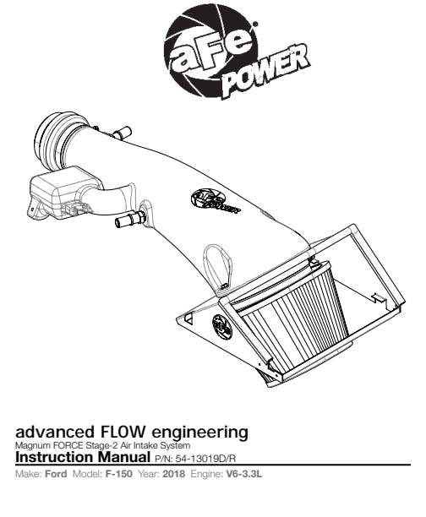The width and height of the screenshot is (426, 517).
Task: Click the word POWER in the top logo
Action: [266, 70]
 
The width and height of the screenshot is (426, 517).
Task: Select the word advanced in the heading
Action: [54, 432]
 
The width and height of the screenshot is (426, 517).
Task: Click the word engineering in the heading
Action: [199, 433]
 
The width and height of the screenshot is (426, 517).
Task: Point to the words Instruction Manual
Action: [83, 457]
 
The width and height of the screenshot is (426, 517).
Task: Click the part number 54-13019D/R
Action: [206, 459]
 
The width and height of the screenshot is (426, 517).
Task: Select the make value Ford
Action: [56, 474]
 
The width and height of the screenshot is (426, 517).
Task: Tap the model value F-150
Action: [119, 474]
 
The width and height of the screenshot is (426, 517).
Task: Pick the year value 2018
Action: [173, 474]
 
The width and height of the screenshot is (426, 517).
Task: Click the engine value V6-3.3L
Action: [244, 474]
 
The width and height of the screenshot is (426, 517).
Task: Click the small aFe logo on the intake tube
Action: [216, 201]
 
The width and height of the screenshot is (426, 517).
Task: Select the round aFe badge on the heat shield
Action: [222, 326]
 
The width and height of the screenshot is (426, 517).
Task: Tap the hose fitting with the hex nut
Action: [130, 218]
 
